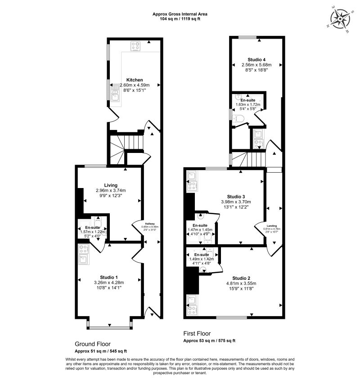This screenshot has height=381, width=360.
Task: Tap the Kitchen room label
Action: (134, 80)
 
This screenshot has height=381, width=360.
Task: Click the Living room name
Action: (111, 185)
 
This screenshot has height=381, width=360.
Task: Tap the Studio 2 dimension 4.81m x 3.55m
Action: (242, 283)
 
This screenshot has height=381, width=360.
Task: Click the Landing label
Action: (271, 226)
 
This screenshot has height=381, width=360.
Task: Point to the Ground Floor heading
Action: (92, 344)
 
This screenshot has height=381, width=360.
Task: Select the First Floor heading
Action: (197, 334)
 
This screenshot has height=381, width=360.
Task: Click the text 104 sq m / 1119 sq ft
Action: (180, 19)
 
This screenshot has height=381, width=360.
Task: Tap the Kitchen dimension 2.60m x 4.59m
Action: (134, 85)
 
